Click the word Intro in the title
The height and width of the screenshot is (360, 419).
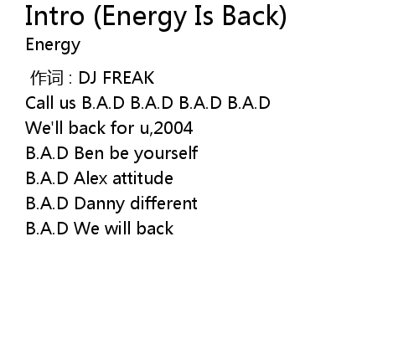(x=54, y=16)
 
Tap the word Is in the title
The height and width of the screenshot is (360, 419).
(x=204, y=16)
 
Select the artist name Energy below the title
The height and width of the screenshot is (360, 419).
(x=53, y=45)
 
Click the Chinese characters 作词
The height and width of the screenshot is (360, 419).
(x=47, y=78)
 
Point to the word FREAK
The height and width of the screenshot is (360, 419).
(x=128, y=78)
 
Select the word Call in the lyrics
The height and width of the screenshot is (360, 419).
(x=40, y=103)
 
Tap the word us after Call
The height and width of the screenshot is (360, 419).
(x=68, y=105)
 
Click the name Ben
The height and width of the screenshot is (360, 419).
(x=89, y=153)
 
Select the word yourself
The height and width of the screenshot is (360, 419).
(x=166, y=153)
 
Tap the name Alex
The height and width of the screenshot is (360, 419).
(x=91, y=178)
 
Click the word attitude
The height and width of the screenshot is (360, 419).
(x=142, y=178)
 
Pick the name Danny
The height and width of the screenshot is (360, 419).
(x=99, y=204)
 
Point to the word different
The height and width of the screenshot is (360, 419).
(x=163, y=203)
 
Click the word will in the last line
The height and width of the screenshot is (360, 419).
(x=118, y=228)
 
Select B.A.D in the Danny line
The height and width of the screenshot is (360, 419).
(x=47, y=203)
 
